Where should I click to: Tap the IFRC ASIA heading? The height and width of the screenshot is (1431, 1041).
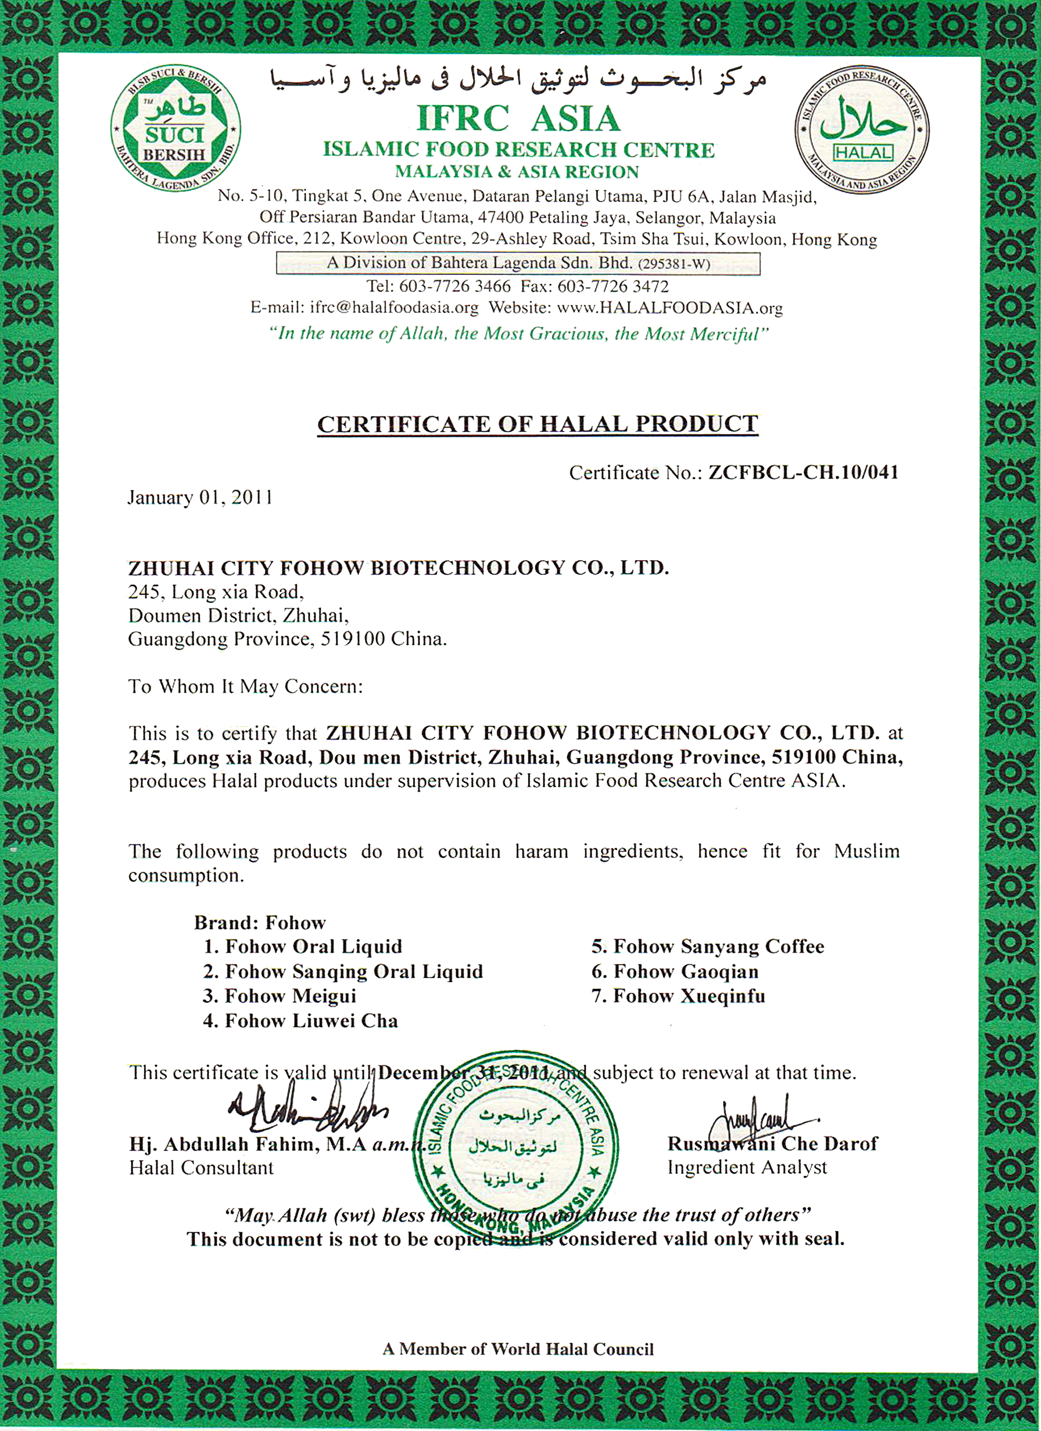click(518, 118)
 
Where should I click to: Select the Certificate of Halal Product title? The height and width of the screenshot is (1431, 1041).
click(537, 424)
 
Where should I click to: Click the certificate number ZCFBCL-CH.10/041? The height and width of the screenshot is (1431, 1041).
click(803, 473)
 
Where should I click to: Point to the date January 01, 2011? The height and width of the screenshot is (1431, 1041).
click(200, 498)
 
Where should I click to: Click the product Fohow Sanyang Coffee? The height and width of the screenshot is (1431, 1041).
click(707, 946)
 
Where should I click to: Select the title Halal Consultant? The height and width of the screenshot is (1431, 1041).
click(201, 1168)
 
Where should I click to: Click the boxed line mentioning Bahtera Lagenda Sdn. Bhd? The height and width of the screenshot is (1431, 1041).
click(518, 263)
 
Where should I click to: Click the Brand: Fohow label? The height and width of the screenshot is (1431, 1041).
click(259, 922)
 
